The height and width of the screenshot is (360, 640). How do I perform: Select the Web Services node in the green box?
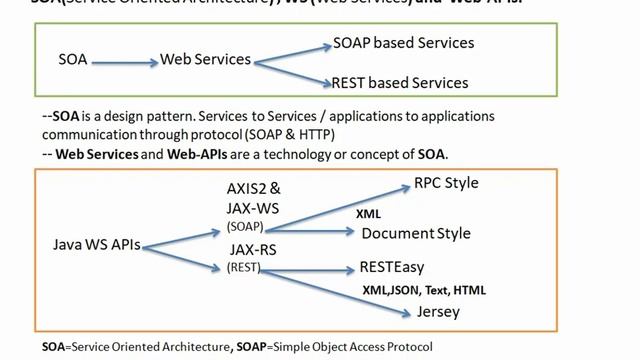coord(205,60)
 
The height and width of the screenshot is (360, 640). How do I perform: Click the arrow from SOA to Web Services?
coord(124,61)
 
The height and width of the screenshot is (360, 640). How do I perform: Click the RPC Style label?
coord(446,183)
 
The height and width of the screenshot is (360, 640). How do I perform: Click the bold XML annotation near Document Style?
coord(368,213)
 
